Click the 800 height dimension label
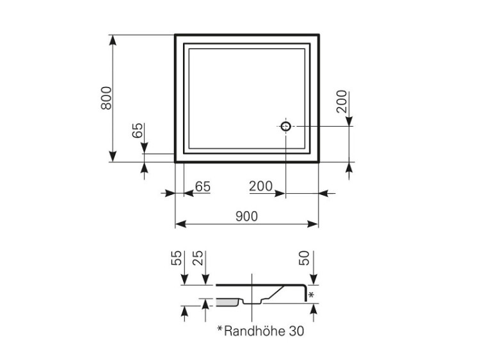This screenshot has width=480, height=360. point(106,97)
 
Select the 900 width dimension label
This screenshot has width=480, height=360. point(247,216)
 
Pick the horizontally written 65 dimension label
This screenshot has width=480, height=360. point(202,187)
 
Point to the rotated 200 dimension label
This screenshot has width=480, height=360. point(342,101)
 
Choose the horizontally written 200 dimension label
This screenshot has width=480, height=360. point(260,187)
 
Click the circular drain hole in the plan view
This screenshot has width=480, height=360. point(285,126)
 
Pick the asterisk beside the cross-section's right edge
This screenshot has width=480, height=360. point(311,295)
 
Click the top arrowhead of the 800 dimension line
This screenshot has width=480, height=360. point(113,38)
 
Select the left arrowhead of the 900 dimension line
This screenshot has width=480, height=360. point(180,224)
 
